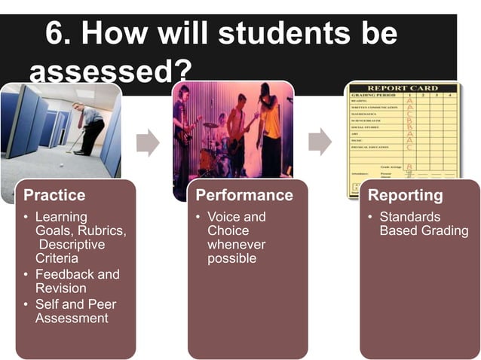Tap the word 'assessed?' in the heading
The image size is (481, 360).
109,73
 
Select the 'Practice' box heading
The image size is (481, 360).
54,195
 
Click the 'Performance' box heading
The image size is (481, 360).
244,195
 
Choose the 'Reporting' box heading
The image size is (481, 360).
405,195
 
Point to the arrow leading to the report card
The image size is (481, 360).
320,141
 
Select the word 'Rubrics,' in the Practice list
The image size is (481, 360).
102,230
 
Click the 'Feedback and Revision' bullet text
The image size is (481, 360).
77,281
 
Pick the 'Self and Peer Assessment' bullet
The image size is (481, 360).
75,311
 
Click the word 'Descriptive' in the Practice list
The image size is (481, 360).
72,245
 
